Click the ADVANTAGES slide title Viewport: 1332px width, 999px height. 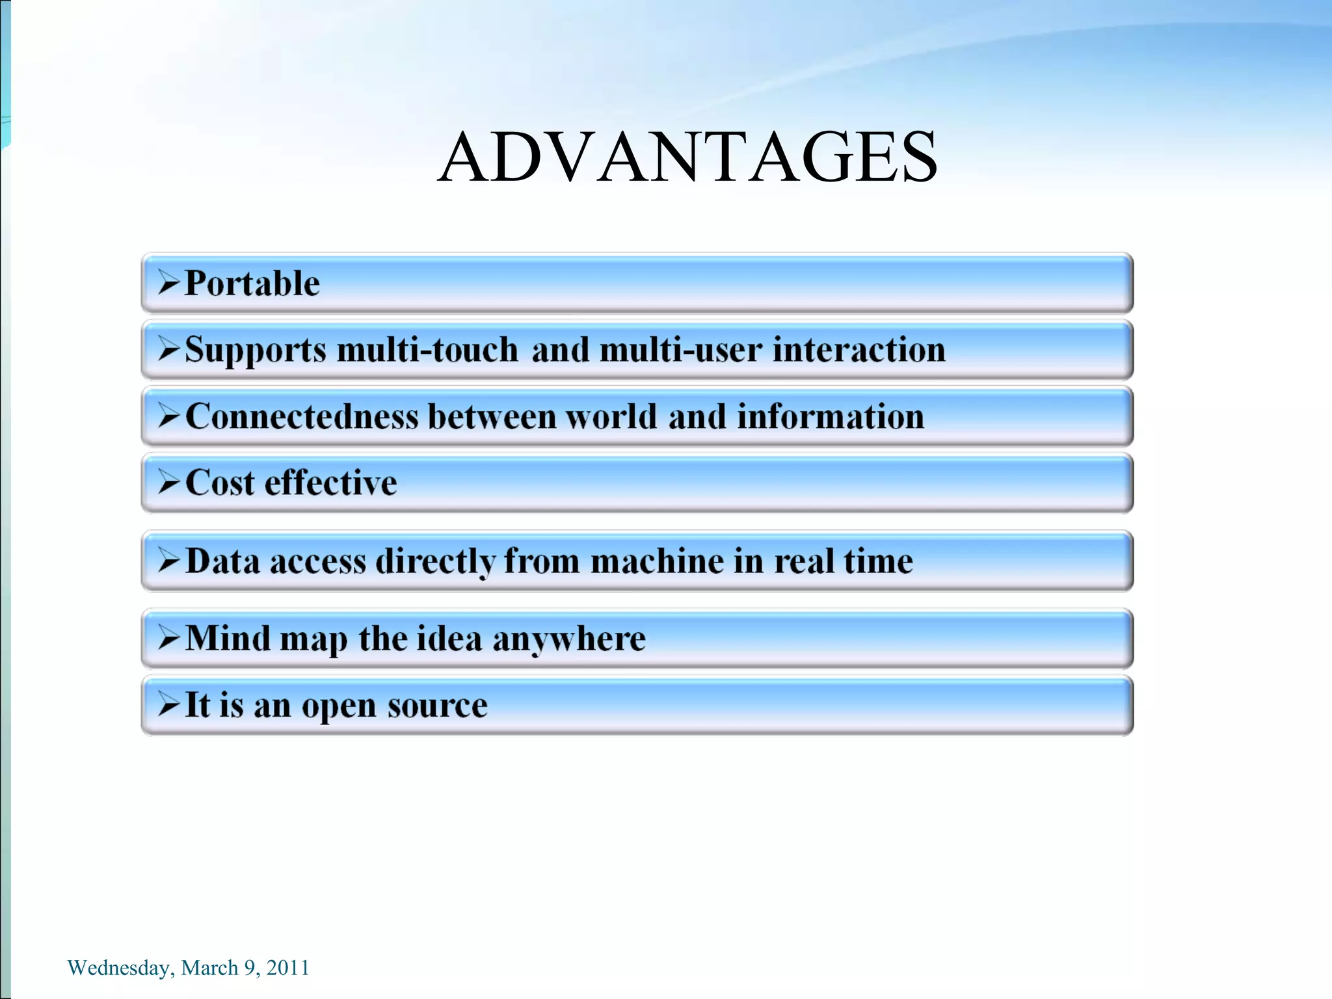[x=688, y=158]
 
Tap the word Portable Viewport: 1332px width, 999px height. [x=252, y=284]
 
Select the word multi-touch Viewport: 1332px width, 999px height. [x=427, y=351]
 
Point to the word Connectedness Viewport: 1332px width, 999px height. [x=302, y=417]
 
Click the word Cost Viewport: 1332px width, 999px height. [x=220, y=483]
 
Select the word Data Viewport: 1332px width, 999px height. [x=222, y=561]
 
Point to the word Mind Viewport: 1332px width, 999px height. [x=228, y=639]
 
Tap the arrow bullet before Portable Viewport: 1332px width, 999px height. [x=168, y=284]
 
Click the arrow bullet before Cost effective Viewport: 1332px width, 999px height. [x=168, y=483]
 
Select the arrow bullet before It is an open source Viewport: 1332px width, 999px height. [x=168, y=705]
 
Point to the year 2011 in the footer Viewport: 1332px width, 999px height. [x=287, y=968]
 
